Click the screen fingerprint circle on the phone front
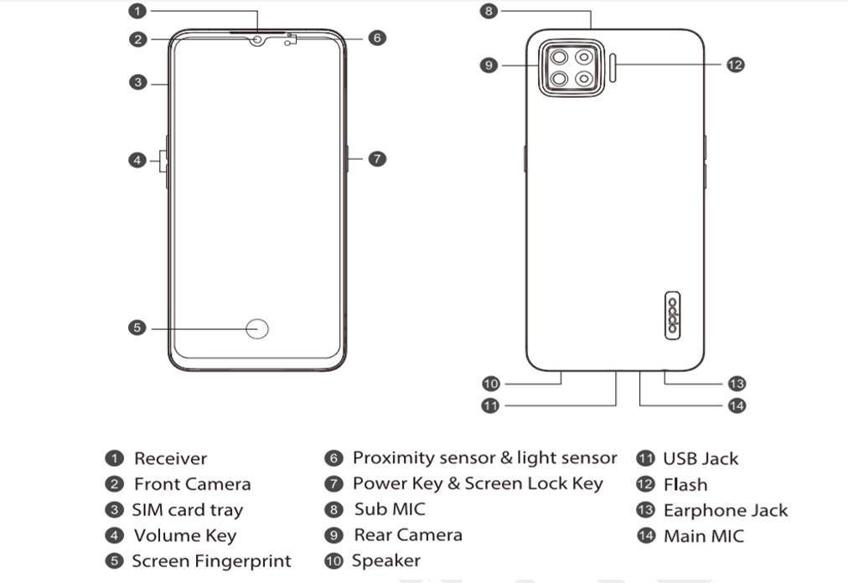coord(259,329)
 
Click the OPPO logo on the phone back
coord(672,316)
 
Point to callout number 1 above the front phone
coord(138,11)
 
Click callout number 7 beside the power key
coord(377,158)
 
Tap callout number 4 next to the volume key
coord(138,159)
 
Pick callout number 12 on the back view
coord(735,64)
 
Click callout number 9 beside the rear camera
coord(490,64)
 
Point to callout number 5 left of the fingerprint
coord(138,328)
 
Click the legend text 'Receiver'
coord(170,459)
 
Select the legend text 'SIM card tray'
coord(187,510)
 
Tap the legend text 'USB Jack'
coord(701,459)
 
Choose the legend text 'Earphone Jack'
coord(726,511)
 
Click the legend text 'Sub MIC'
coord(389,509)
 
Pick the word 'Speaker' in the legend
coord(386,560)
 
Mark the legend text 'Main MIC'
coord(703,536)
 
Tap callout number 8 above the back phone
coord(490,11)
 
